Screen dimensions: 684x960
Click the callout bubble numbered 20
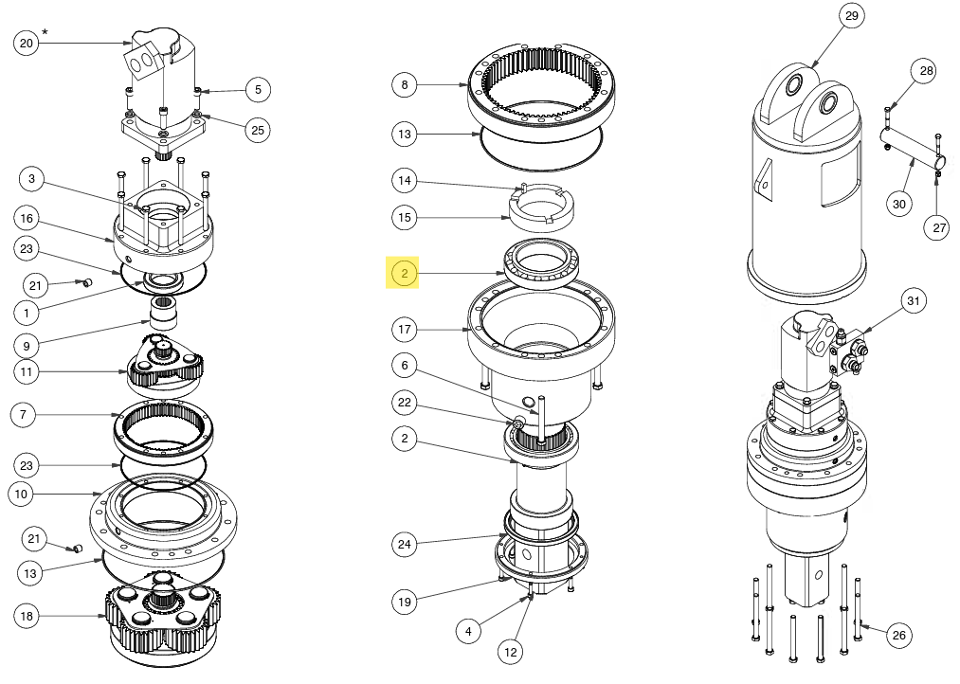[26, 43]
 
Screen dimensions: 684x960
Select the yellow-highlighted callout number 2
[405, 275]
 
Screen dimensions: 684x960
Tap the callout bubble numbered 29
[851, 16]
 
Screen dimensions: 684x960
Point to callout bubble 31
[913, 301]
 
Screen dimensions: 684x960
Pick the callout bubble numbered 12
[511, 652]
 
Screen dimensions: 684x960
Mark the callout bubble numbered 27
[938, 227]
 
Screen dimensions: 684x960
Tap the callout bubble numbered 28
[925, 71]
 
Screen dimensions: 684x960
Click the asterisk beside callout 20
[45, 33]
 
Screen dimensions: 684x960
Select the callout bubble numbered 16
[27, 219]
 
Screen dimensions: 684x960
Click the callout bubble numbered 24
[405, 544]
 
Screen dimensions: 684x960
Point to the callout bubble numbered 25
[257, 131]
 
